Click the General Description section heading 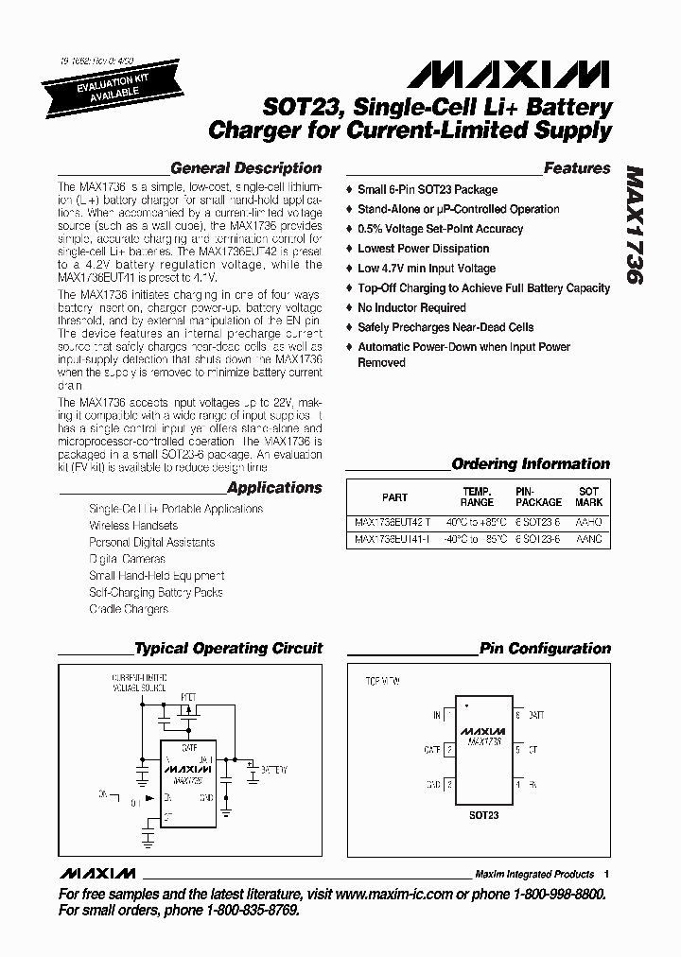(246, 168)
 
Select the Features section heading (577, 168)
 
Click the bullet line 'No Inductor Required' (411, 307)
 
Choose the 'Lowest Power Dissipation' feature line (423, 249)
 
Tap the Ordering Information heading (531, 464)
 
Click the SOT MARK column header (588, 496)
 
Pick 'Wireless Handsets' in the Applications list (133, 526)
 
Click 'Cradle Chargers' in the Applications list (129, 609)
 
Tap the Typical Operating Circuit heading (228, 649)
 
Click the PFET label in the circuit (189, 695)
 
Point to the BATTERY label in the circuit (273, 770)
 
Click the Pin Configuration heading (545, 649)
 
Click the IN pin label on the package (436, 716)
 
